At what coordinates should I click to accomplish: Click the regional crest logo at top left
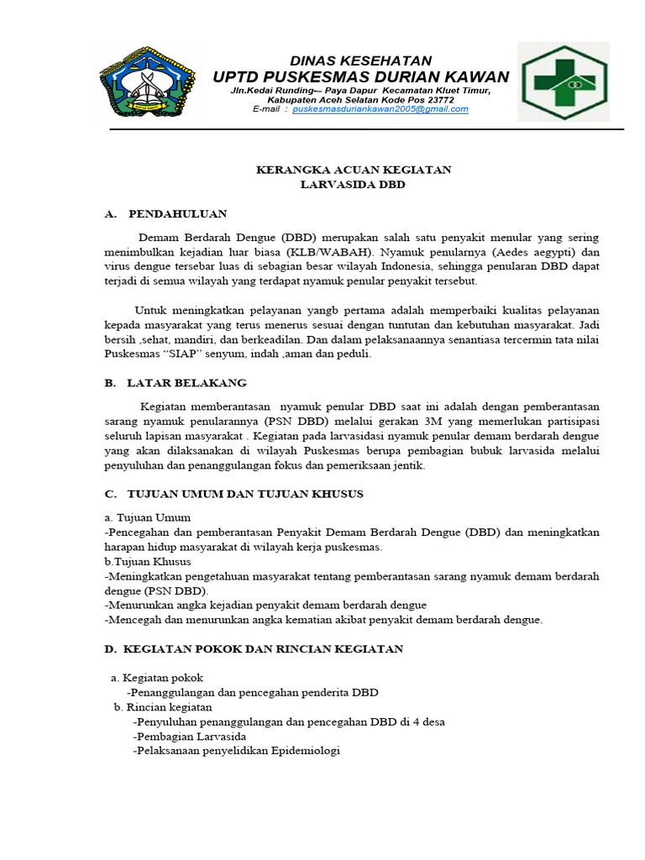point(147,81)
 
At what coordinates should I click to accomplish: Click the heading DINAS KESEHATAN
point(360,60)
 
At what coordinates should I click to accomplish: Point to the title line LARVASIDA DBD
point(353,185)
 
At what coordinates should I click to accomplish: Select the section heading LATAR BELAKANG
point(186,383)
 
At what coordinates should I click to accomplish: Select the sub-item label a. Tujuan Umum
point(148,517)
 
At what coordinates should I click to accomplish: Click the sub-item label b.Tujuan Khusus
point(148,561)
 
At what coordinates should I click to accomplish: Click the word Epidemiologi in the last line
point(304,751)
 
